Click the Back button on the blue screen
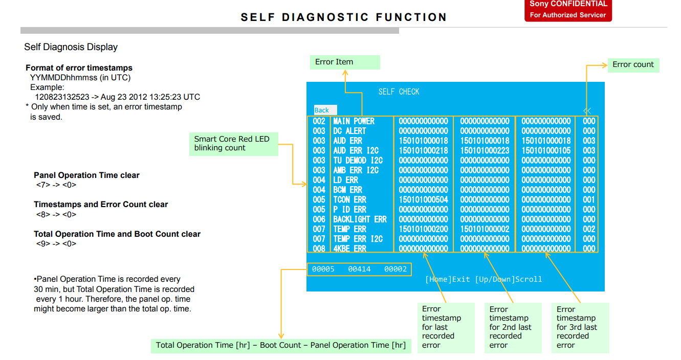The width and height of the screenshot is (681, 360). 322,110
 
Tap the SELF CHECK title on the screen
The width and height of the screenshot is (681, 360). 399,92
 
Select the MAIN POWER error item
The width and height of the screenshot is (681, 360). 354,121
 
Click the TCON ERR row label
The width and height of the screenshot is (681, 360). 350,199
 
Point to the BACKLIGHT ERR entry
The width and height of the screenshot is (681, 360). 360,219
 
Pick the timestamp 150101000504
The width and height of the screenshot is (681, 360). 423,199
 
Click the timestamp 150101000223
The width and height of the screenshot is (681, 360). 485,150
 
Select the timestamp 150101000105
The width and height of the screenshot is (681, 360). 546,150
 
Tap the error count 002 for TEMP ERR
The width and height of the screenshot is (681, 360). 589,229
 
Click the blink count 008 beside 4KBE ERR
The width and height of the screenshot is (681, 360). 319,249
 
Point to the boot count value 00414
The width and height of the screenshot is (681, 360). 359,269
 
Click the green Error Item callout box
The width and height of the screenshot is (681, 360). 344,62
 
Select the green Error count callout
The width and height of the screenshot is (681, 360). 633,65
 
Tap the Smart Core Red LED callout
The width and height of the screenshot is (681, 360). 234,143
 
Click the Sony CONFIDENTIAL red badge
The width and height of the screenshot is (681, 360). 568,10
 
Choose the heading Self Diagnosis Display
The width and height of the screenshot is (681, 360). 71,47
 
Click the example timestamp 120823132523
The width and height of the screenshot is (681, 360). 62,97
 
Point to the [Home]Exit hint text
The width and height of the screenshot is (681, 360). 448,279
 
